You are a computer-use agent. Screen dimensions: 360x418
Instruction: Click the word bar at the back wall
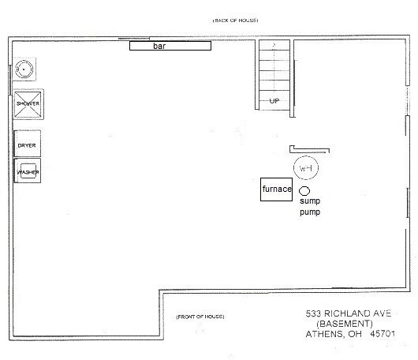pos(170,46)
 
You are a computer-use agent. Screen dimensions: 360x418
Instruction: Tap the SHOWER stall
pos(27,104)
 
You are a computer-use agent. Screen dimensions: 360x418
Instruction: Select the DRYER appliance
pos(27,145)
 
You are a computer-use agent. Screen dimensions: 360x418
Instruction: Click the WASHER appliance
pos(27,171)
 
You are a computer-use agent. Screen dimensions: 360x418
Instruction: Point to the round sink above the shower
pos(24,69)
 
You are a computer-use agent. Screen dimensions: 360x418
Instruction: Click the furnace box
pos(278,190)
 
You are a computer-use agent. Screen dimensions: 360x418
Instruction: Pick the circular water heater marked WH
pos(304,169)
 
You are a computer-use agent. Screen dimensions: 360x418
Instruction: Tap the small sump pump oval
pos(304,189)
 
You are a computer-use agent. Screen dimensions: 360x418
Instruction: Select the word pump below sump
pos(309,212)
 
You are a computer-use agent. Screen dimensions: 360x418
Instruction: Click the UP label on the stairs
pos(274,101)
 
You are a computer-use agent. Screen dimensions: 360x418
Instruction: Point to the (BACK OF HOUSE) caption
pos(235,18)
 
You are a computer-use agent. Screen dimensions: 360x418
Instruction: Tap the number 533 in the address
pos(314,313)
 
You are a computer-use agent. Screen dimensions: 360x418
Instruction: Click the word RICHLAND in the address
pos(349,313)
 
